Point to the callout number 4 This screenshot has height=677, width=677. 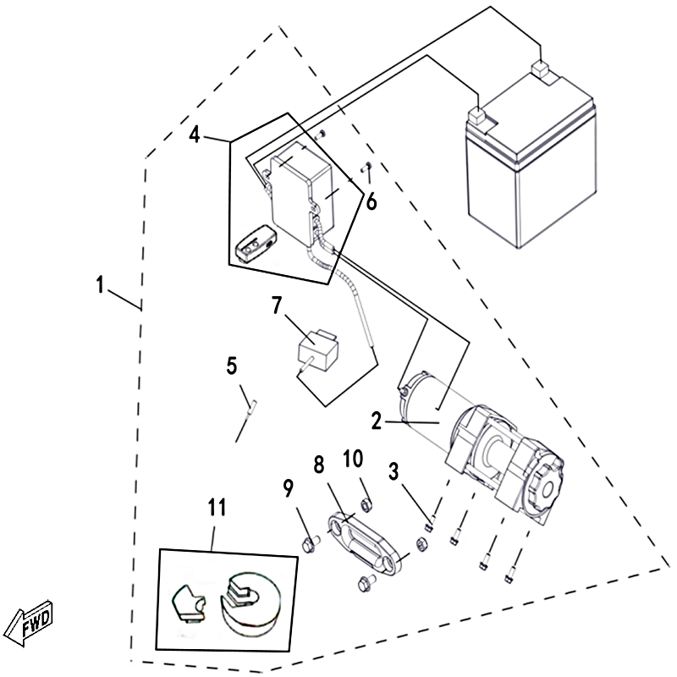tap(195, 134)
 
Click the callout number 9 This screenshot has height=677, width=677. tap(289, 487)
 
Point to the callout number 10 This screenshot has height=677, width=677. tap(352, 460)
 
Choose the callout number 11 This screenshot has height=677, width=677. tap(217, 508)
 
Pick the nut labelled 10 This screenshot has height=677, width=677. tap(367, 507)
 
